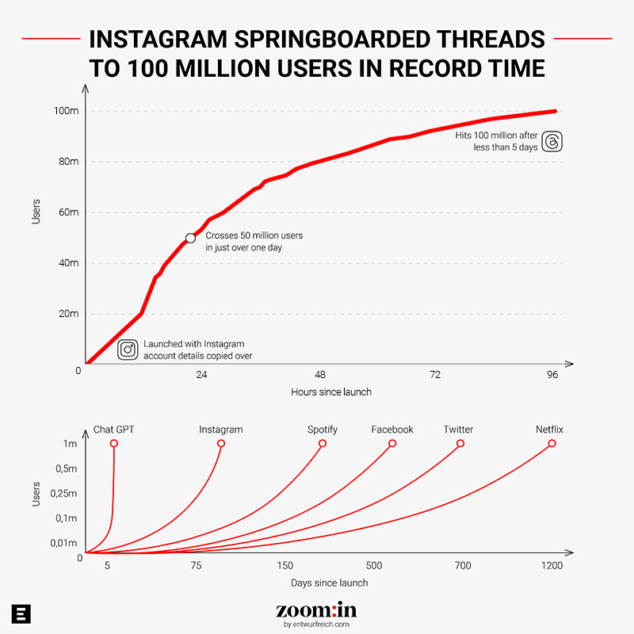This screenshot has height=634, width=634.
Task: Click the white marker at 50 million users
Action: pos(190,238)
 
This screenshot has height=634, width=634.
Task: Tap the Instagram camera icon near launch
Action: pos(128,349)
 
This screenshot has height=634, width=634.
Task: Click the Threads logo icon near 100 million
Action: pos(553,141)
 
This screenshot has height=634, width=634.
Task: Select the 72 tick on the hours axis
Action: pos(435,374)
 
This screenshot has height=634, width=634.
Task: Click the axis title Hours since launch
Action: pos(331,391)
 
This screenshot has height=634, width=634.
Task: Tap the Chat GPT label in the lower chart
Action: pos(114,430)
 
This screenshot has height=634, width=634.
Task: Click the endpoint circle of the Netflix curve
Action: pos(552,444)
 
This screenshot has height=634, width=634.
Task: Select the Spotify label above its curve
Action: pos(323,430)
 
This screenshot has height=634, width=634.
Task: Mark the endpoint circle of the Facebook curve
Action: pos(392,444)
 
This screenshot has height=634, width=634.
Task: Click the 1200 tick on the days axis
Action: pos(552,566)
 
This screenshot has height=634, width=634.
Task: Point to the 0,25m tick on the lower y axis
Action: pos(63,494)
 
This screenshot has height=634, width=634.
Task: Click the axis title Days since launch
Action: pos(329,582)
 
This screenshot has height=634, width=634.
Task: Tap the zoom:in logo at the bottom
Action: pos(316,610)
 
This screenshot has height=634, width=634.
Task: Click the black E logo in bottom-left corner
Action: pos(21,613)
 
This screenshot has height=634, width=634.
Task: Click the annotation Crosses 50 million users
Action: pos(254,236)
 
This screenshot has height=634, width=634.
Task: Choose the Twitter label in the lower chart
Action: pos(458,430)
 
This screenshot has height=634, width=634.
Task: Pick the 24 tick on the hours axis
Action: pos(201,374)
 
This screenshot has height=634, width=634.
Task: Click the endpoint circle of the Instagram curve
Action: pos(221,444)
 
